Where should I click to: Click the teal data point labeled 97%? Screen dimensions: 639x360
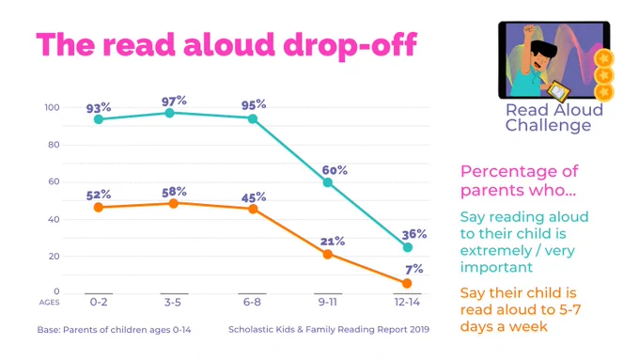[x=169, y=113]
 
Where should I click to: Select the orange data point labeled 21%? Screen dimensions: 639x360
[x=327, y=255]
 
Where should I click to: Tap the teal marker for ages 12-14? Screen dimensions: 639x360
[x=408, y=247]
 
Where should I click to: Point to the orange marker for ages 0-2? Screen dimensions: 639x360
[x=99, y=208]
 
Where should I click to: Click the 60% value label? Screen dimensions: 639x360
[x=335, y=170]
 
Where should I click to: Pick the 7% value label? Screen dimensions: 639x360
[x=414, y=269]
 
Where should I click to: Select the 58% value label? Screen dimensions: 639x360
[x=174, y=192]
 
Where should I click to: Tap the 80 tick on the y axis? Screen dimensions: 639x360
[x=54, y=145]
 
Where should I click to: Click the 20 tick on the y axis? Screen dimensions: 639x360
[x=54, y=257]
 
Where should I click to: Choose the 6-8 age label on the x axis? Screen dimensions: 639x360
[x=252, y=302]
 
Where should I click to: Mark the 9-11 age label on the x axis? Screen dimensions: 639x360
[x=328, y=302]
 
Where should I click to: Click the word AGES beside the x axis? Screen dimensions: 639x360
[x=49, y=302]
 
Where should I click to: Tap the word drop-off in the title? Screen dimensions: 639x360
[x=351, y=44]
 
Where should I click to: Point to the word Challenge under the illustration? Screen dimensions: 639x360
[x=548, y=125]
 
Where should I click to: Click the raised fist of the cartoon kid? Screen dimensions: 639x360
[x=528, y=30]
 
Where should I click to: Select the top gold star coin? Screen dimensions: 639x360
[x=604, y=58]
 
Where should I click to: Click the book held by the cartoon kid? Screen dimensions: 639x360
[x=558, y=91]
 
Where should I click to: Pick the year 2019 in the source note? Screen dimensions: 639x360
[x=419, y=329]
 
